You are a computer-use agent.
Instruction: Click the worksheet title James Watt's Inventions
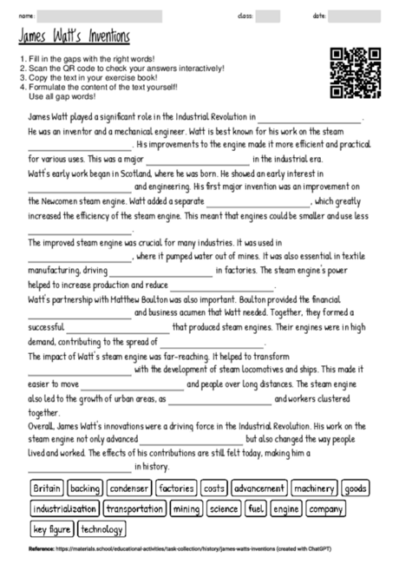(x=74, y=37)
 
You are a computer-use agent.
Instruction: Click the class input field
(x=268, y=16)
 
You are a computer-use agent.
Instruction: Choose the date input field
(x=355, y=16)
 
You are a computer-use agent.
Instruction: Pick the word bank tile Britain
(x=47, y=489)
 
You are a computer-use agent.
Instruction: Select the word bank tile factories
(x=177, y=489)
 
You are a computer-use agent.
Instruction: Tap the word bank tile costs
(x=214, y=489)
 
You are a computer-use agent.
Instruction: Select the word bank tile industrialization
(x=65, y=508)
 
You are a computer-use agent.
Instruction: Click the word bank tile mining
(x=186, y=508)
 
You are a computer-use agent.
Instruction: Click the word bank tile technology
(x=102, y=528)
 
